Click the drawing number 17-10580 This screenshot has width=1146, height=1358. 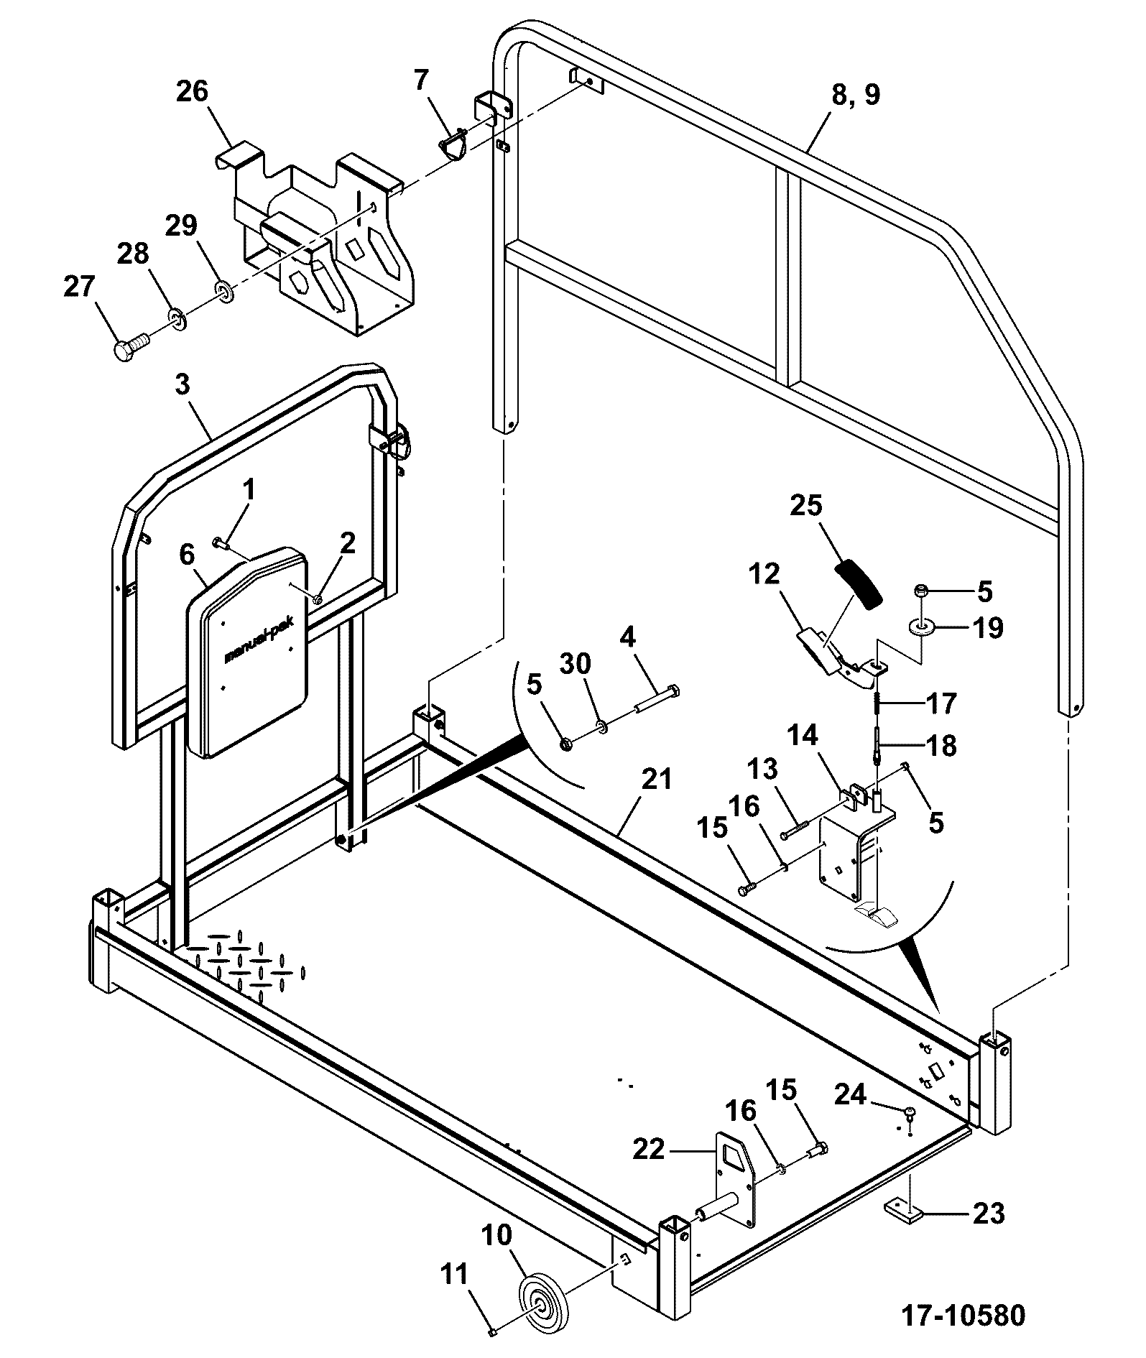coord(964,1316)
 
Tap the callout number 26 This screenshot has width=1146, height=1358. coord(192,92)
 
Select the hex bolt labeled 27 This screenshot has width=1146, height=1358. coord(130,344)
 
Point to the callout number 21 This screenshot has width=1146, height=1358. coord(656,778)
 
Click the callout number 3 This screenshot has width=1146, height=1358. coord(182,384)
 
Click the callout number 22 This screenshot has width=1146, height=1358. coord(650,1149)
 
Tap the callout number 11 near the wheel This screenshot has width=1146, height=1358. coord(454,1274)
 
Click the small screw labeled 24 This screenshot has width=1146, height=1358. coord(910,1133)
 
